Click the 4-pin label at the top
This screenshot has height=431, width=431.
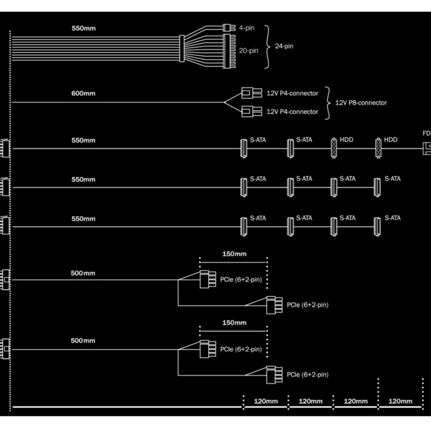pyautogui.click(x=246, y=25)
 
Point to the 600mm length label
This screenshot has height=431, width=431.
pyautogui.click(x=83, y=93)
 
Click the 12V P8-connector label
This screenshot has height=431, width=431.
pyautogui.click(x=361, y=102)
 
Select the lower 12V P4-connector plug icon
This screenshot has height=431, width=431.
pyautogui.click(x=248, y=112)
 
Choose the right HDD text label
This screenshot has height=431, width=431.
pyautogui.click(x=391, y=140)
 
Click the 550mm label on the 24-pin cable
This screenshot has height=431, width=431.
pyautogui.click(x=83, y=27)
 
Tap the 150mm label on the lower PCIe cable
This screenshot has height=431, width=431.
pyautogui.click(x=233, y=323)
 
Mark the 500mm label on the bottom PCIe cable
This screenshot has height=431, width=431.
pyautogui.click(x=83, y=342)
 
